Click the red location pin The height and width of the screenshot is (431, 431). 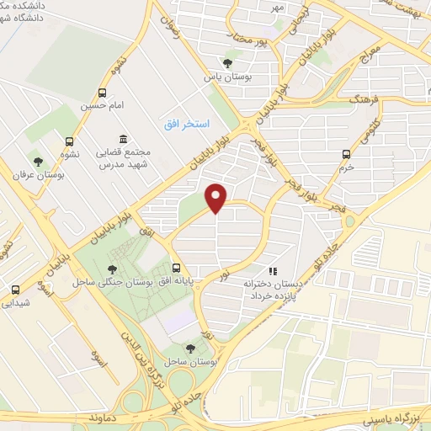[217, 197]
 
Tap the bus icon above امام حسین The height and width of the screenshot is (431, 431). [103, 93]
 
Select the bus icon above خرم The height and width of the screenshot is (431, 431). [346, 154]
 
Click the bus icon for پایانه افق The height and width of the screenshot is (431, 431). [175, 262]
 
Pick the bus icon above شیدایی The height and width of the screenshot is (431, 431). [12, 289]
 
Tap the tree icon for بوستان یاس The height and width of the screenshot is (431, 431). [227, 62]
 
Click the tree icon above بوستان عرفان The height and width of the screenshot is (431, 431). [37, 161]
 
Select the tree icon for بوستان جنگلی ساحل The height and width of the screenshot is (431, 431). [112, 269]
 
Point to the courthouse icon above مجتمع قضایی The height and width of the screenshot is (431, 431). [124, 139]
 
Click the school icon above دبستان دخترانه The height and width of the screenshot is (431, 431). [272, 271]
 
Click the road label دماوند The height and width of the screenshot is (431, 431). [109, 417]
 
